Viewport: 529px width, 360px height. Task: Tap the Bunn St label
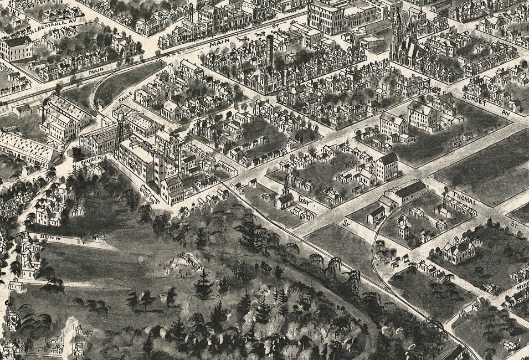tap(53, 238)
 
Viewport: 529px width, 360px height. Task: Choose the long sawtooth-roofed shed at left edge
tap(28, 147)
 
